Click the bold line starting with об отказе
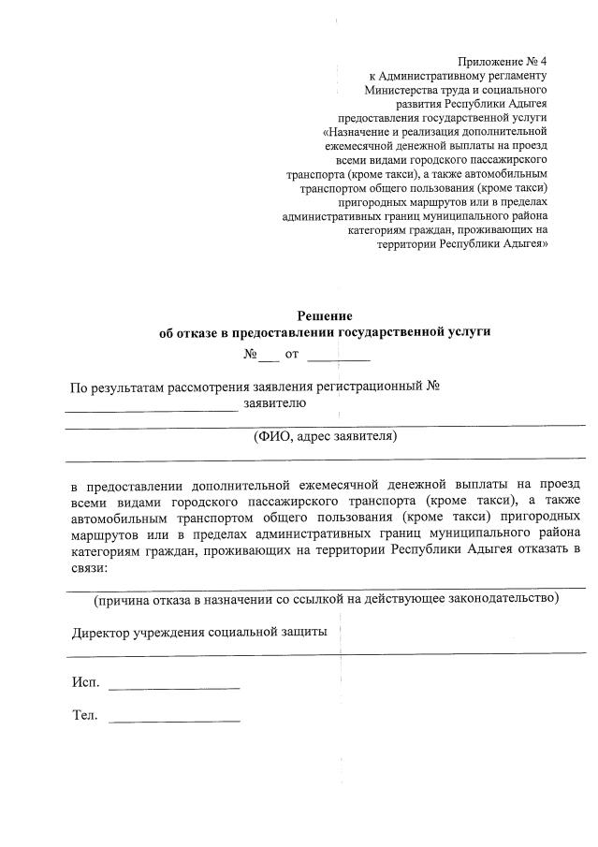click(325, 332)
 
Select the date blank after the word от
click(339, 357)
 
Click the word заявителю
click(274, 403)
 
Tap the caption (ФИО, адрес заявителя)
click(326, 436)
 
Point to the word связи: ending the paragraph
click(90, 567)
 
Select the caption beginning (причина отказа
click(326, 597)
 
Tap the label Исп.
click(85, 682)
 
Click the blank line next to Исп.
click(174, 687)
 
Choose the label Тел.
click(85, 716)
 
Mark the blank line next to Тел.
click(174, 721)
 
